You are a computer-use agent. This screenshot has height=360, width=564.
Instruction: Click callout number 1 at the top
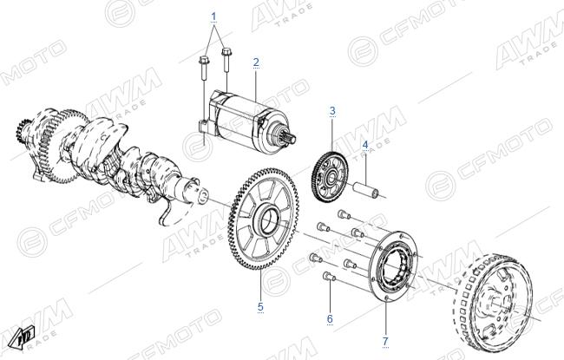[x=214, y=16]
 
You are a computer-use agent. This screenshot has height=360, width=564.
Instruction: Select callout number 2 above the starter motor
[x=256, y=62]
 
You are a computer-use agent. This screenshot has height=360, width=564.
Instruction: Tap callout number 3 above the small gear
[x=332, y=110]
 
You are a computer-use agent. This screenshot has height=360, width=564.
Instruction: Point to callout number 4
[x=365, y=145]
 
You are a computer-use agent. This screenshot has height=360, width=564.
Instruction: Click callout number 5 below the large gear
[x=260, y=307]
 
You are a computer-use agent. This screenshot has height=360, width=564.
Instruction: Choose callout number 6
[x=330, y=318]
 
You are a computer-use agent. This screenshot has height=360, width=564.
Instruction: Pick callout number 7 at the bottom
[x=385, y=341]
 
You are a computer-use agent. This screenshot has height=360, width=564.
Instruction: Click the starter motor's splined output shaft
[x=288, y=136]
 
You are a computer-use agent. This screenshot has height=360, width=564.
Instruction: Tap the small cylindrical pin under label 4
[x=366, y=189]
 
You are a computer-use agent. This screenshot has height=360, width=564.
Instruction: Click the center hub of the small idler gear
[x=331, y=177]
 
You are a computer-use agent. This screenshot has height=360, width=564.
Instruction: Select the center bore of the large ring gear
[x=268, y=220]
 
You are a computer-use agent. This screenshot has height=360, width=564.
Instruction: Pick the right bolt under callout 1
[x=226, y=60]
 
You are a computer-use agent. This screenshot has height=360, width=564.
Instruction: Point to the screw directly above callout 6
[x=329, y=277]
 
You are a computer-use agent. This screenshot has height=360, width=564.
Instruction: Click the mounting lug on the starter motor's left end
[x=202, y=128]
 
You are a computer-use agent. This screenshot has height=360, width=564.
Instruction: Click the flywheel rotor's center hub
[x=500, y=304]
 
